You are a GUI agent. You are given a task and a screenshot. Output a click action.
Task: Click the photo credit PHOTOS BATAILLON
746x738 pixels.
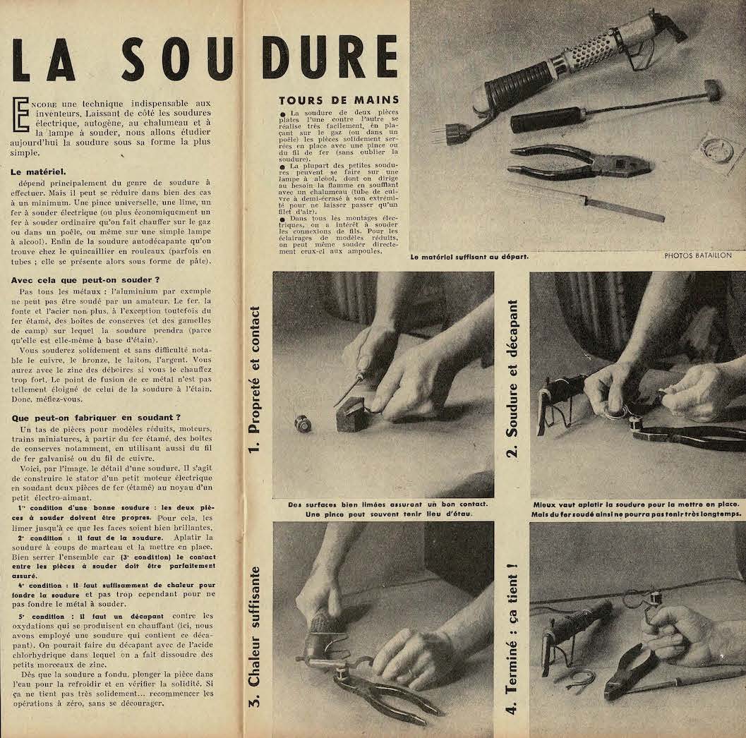tap(697, 256)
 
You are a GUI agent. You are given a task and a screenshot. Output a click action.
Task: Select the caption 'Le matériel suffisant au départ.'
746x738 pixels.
tap(470, 257)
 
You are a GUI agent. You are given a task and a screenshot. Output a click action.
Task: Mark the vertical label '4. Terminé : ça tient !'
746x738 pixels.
tap(513, 636)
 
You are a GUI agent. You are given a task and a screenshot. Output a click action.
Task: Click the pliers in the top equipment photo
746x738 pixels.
tap(579, 162)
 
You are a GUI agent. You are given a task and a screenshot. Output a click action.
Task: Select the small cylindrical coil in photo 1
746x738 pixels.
tap(304, 423)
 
